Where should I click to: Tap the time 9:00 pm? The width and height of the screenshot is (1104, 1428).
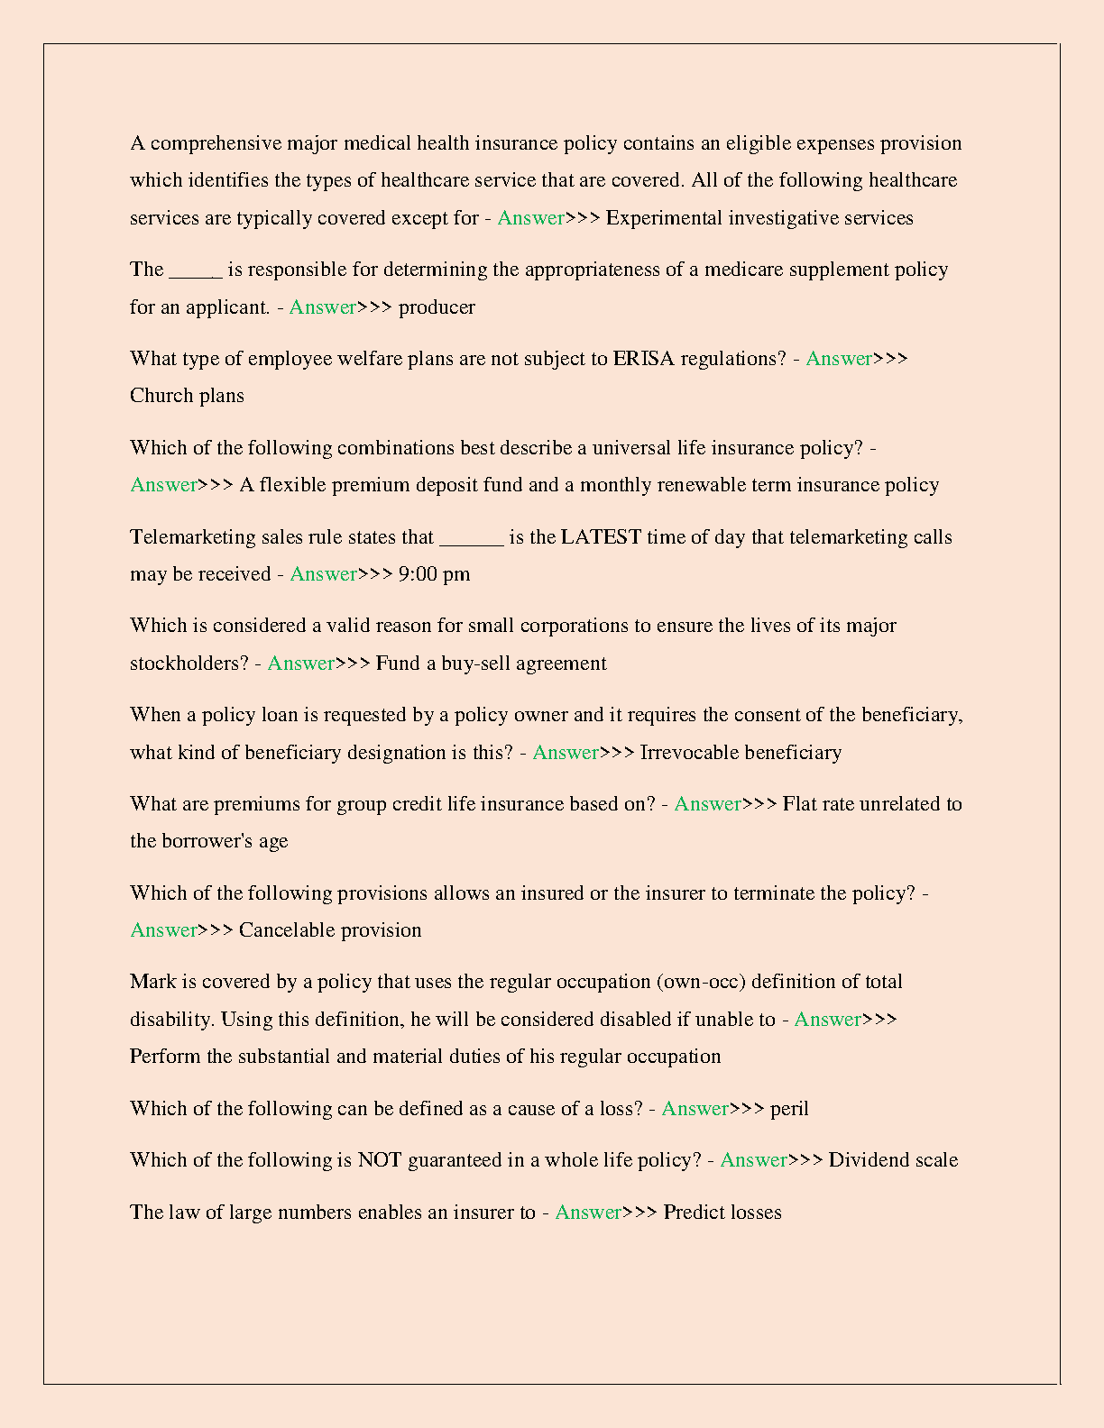(x=434, y=574)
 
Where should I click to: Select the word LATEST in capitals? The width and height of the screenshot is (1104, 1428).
(x=601, y=537)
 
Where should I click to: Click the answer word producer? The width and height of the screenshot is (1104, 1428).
(x=437, y=307)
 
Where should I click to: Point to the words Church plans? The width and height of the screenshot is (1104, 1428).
(x=187, y=396)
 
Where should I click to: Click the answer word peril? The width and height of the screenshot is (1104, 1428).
(x=789, y=1109)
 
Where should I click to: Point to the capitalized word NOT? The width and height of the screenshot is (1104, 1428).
(x=380, y=1160)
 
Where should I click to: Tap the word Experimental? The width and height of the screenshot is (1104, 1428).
(x=664, y=218)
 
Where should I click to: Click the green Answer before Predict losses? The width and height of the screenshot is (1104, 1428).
(x=588, y=1213)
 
